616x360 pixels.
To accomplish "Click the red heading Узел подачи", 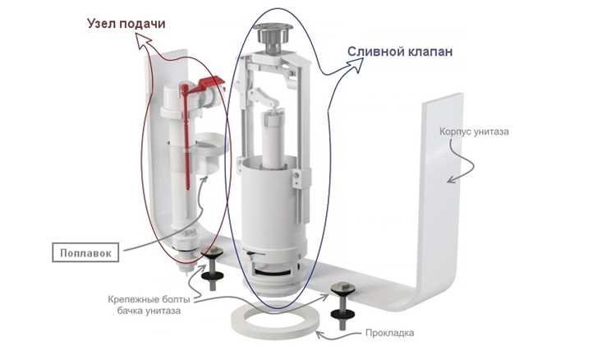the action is tap(126, 24).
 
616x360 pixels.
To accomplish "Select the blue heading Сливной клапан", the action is tap(400, 52).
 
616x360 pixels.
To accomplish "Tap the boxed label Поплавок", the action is tap(85, 252).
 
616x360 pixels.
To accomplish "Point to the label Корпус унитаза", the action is tap(474, 132).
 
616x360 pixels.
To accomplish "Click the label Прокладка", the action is tap(389, 333).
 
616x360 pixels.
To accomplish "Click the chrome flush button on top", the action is tap(273, 35).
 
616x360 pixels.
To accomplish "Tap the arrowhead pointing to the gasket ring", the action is tap(320, 335).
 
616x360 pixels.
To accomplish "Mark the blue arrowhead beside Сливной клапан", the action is tap(356, 65).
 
